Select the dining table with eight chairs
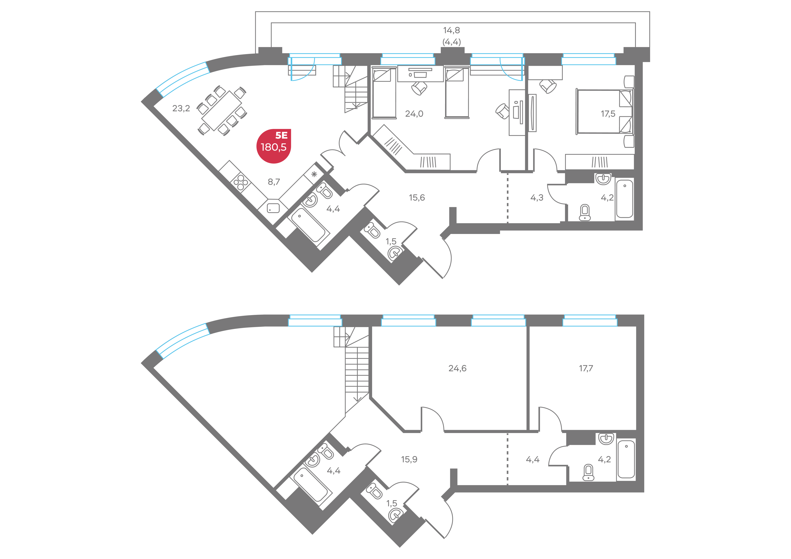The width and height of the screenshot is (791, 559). (x=222, y=110)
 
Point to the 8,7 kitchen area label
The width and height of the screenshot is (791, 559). (x=274, y=181)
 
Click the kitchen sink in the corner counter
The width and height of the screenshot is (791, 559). (x=273, y=208)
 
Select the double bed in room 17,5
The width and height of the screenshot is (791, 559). (x=604, y=112)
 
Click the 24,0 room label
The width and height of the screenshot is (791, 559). (x=414, y=114)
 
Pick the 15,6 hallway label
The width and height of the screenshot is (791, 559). (x=417, y=198)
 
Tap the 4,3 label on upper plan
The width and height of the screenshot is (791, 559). (x=537, y=198)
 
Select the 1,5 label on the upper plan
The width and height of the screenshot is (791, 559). (x=391, y=241)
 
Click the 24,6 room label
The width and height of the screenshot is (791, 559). (x=458, y=369)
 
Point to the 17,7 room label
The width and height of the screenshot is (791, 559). (x=586, y=369)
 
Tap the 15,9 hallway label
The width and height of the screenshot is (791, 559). (x=409, y=459)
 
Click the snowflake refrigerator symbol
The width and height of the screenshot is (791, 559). (x=314, y=174)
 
